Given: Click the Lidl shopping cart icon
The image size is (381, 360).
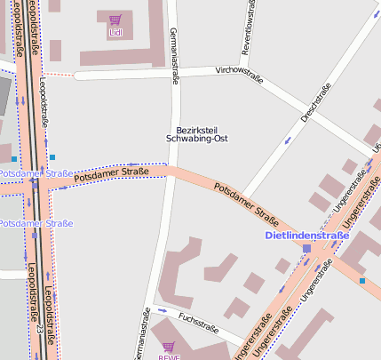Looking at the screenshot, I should click(x=115, y=20).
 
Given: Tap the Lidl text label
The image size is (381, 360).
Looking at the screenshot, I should click(x=115, y=33).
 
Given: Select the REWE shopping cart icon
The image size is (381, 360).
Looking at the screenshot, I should click(x=169, y=347).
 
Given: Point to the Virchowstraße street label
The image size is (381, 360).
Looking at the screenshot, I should click(x=239, y=74).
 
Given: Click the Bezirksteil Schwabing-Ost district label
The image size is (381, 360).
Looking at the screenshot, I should click(x=191, y=134).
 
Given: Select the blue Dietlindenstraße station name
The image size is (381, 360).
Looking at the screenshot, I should click(x=307, y=236).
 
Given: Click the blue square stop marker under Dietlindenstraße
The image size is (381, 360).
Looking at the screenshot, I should click(x=307, y=248).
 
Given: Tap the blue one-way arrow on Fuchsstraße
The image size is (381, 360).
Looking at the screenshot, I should click(x=162, y=310).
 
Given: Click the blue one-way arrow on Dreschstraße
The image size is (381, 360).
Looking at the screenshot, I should click(x=287, y=140).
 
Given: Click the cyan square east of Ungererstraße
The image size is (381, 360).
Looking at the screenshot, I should click(x=362, y=281).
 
